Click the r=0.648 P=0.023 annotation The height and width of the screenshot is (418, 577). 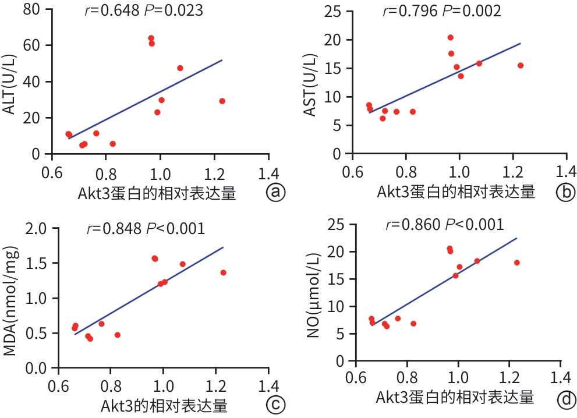[144, 11]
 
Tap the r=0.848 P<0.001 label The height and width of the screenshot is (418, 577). [146, 229]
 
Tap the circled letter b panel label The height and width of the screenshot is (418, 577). [564, 192]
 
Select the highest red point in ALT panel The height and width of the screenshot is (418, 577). [151, 38]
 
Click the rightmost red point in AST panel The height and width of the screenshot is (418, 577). [521, 65]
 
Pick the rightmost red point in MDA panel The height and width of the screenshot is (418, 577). [223, 272]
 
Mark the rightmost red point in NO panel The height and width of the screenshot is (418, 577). [516, 263]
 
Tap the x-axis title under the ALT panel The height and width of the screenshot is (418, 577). [157, 193]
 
